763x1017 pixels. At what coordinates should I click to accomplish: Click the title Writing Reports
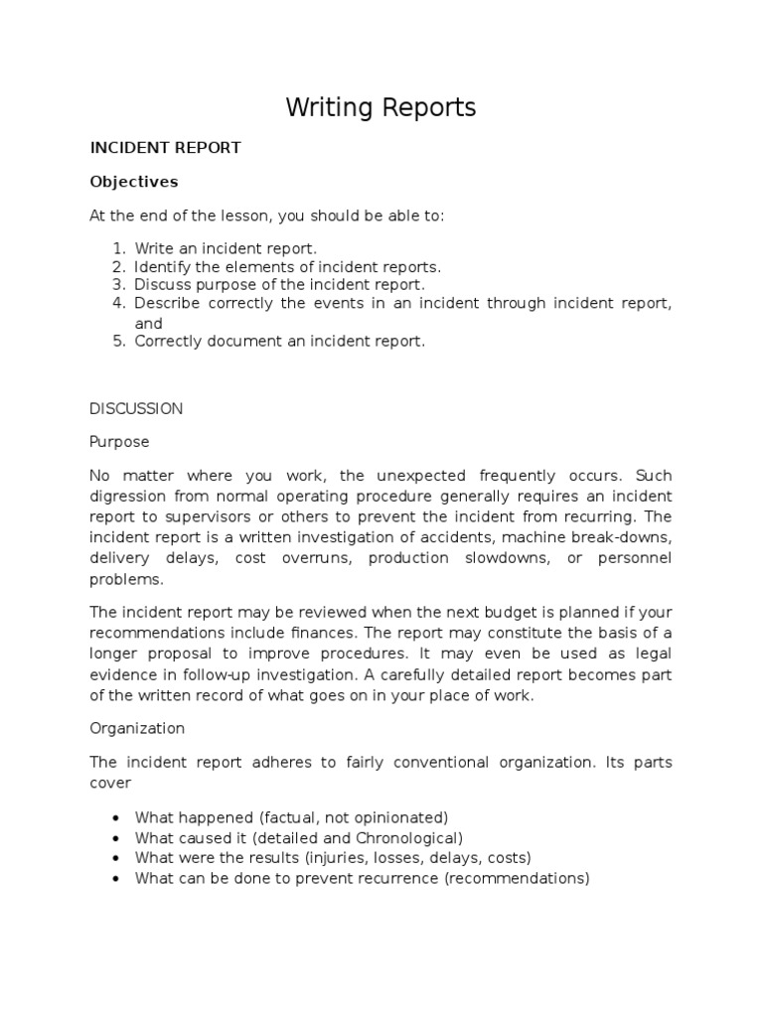(x=381, y=107)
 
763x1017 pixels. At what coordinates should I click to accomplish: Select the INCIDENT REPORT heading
(x=166, y=148)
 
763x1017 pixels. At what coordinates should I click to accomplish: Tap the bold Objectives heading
(x=134, y=182)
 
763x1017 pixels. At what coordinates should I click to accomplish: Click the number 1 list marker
(x=117, y=248)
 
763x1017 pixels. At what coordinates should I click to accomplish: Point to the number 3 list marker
(x=117, y=285)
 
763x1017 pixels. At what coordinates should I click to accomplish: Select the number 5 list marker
(x=117, y=341)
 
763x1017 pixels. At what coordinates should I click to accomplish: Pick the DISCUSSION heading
(x=136, y=408)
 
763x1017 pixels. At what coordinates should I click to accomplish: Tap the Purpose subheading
(x=119, y=441)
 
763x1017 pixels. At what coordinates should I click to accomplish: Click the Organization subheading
(x=137, y=728)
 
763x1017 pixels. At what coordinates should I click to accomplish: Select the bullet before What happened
(x=116, y=818)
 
